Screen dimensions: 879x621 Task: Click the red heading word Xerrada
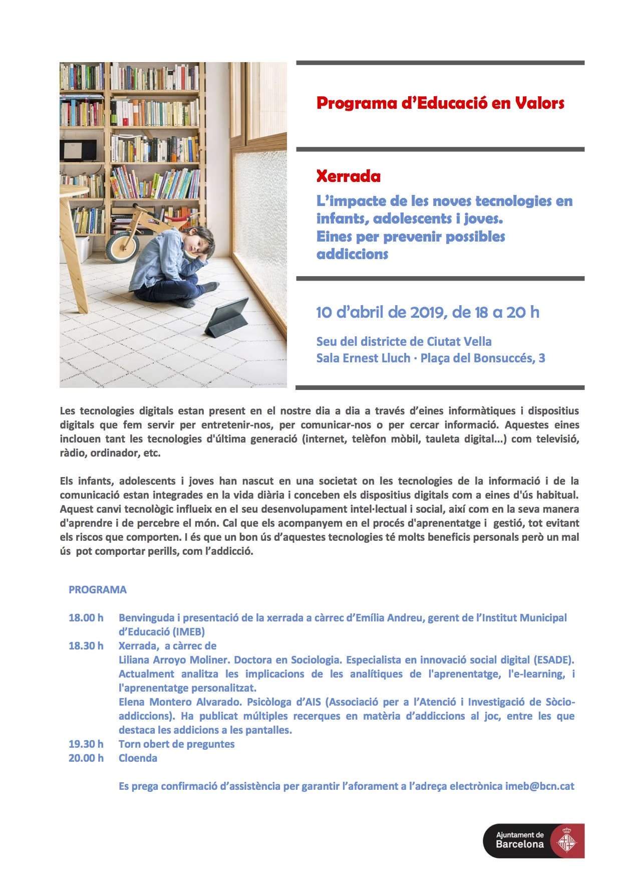[x=348, y=176]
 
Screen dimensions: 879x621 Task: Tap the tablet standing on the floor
[x=228, y=318]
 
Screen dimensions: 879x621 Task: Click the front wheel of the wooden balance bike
[x=122, y=246]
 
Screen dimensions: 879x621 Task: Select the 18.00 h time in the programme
[x=86, y=618]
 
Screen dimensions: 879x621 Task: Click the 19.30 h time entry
[x=86, y=744]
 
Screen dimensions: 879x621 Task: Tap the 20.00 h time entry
[x=86, y=758]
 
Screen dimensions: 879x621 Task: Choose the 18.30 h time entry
[x=86, y=646]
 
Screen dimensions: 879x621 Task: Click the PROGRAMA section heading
[x=98, y=590]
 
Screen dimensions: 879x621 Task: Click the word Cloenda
[x=138, y=758]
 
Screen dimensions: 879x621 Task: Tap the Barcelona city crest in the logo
[x=567, y=840]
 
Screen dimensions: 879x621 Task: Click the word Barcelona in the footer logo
[x=519, y=844]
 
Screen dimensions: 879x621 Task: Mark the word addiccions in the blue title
[x=353, y=254]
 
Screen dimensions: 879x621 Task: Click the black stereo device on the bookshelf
[x=78, y=150]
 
